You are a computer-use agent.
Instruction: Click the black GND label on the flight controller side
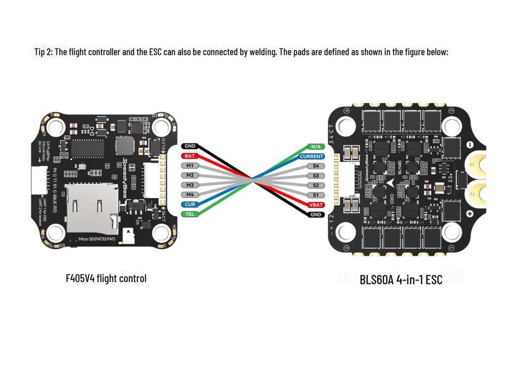190,146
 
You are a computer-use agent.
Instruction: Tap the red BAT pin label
190,156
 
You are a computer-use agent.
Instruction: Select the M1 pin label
190,165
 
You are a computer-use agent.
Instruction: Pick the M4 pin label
190,194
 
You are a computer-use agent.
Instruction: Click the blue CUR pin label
190,204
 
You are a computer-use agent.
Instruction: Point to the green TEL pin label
190,214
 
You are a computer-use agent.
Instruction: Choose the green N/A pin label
315,146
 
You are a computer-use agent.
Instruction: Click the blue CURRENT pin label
312,156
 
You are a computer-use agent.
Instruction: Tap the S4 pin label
315,166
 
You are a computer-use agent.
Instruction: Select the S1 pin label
315,195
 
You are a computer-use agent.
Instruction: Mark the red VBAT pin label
315,205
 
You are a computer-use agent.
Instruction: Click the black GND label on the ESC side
315,214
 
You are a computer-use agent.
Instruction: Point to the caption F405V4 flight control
106,278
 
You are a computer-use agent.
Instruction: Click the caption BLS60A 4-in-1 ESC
401,280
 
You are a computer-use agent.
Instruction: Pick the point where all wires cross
252,180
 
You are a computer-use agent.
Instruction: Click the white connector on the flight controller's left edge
37,180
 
